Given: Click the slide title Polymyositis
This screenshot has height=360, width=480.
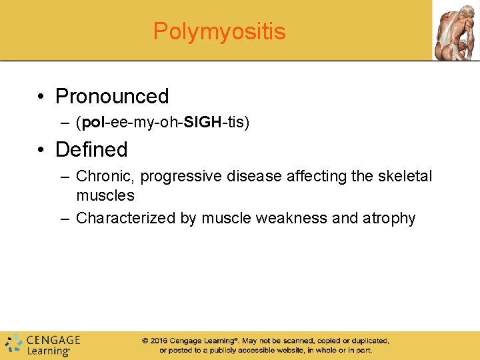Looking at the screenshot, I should (219, 31).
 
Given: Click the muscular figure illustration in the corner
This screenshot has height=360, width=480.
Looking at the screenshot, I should (455, 30).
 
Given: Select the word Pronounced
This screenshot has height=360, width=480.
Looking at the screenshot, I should (112, 97).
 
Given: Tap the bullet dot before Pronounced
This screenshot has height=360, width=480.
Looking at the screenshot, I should (42, 97).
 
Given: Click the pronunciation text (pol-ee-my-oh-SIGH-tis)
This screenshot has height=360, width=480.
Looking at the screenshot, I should (163, 123).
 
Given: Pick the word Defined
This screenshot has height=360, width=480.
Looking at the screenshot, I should (91, 149).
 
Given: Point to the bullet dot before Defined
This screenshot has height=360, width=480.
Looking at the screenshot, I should (42, 150).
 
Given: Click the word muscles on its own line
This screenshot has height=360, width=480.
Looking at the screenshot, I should (105, 196).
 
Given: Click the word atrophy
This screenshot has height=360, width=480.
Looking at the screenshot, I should (389, 219).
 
